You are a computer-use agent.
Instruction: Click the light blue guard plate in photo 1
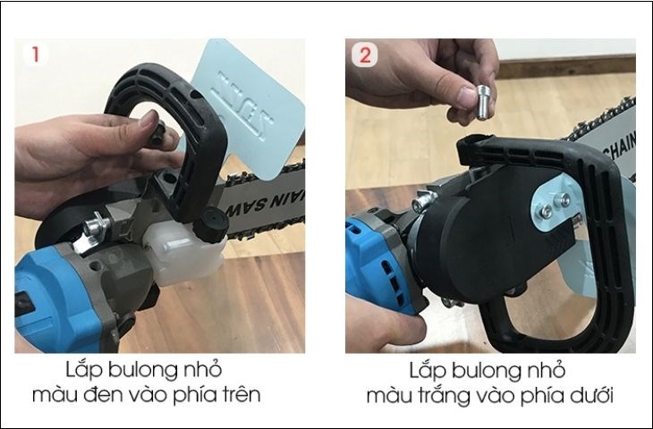(x=259, y=107)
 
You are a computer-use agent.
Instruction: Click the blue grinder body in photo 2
(x=376, y=259)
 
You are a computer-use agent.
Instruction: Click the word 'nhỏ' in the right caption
(x=558, y=368)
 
